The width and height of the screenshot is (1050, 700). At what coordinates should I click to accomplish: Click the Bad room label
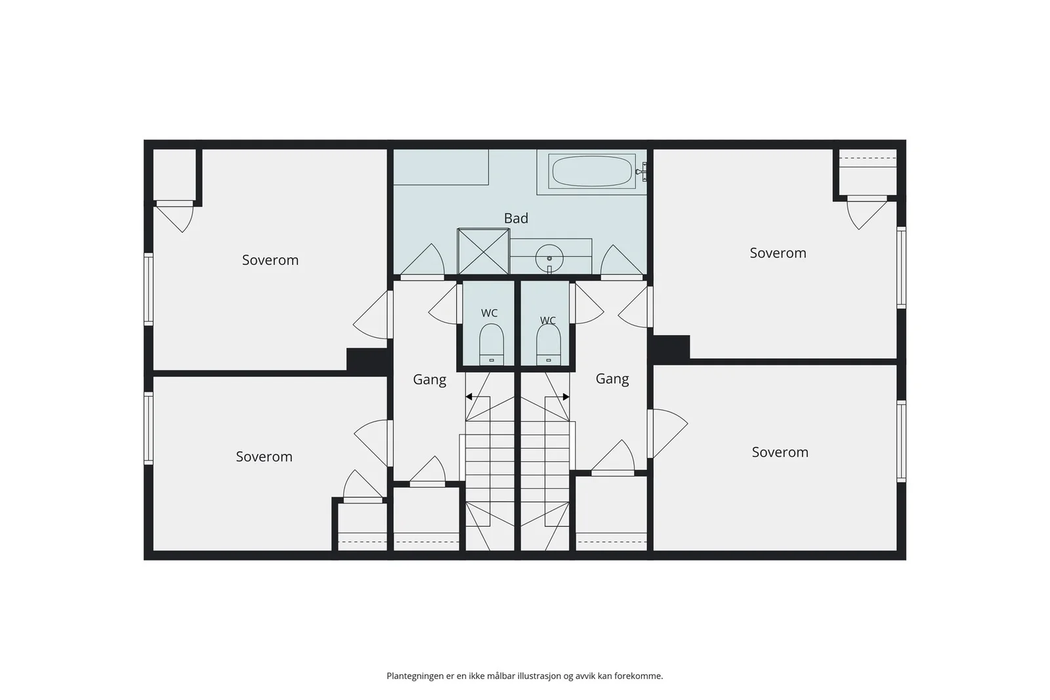(516, 218)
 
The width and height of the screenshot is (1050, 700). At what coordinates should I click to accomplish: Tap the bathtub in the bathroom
(592, 171)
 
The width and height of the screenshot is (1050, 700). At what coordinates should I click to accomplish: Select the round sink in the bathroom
(549, 258)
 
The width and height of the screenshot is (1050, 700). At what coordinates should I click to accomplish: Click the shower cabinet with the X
(483, 252)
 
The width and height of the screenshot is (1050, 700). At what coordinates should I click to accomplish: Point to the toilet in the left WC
(492, 344)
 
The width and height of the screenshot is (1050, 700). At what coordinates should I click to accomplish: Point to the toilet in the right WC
(549, 344)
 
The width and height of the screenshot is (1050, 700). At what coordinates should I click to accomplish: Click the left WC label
(490, 313)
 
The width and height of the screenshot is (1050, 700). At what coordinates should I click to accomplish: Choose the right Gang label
(612, 379)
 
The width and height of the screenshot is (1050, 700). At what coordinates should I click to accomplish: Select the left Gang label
(429, 380)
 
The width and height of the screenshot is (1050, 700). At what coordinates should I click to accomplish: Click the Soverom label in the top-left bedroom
(270, 260)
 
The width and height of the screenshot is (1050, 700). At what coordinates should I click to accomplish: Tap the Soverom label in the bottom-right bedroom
(780, 452)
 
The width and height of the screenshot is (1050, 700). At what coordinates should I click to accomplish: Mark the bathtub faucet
(642, 172)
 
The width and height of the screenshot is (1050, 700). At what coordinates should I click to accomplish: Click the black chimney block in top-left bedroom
(367, 361)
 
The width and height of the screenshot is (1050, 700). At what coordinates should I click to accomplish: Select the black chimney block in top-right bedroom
(670, 349)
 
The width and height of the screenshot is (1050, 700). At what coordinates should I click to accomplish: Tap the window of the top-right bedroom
(902, 268)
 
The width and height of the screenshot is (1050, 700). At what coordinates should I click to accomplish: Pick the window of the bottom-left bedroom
(148, 428)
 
